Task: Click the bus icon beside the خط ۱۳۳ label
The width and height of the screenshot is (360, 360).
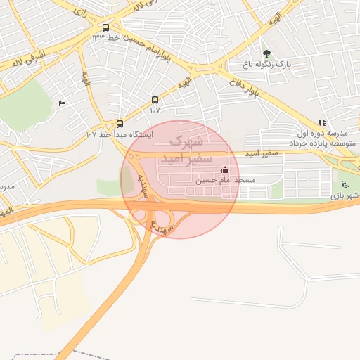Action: pos(105,28)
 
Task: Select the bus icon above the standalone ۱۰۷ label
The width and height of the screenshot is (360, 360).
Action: pos(155,100)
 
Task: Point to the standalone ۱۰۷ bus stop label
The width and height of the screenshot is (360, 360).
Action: pos(155,110)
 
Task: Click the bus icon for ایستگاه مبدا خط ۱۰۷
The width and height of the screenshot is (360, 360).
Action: pos(120,123)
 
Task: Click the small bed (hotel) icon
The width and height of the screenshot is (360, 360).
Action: pos(63,104)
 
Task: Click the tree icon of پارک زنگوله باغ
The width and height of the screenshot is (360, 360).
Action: pos(266,53)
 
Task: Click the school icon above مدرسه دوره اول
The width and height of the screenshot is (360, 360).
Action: pos(322,122)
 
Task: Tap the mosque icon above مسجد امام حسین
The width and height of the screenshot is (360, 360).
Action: pos(225,169)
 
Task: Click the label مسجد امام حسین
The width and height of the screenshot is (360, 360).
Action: pos(225,180)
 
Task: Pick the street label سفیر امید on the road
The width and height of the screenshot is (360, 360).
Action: pos(261,153)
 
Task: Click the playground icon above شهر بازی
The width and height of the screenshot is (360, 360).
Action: pos(345,184)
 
